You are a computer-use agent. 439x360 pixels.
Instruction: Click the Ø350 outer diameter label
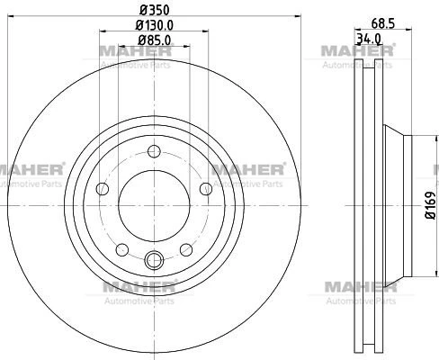[x=154, y=10]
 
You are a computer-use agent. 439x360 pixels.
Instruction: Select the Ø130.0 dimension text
[x=154, y=25]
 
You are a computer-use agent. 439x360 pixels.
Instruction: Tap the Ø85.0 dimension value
[x=155, y=40]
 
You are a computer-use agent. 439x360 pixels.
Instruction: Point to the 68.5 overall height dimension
[x=382, y=23]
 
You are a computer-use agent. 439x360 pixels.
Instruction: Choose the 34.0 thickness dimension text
[x=369, y=39]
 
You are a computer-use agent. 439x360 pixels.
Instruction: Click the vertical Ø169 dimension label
[x=431, y=205]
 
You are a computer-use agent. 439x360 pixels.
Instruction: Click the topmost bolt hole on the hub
[x=154, y=151]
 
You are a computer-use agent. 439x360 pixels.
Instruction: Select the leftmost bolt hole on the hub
[x=103, y=189]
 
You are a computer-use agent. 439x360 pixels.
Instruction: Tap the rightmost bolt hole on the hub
[x=206, y=189]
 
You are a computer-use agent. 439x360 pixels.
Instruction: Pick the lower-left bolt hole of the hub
[x=122, y=249]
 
